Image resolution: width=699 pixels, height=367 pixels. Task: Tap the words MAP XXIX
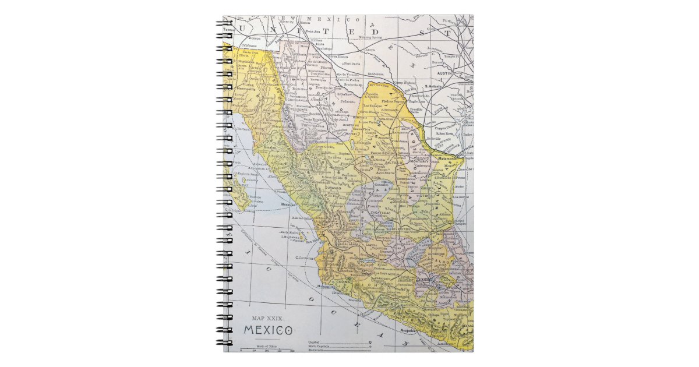point(267,318)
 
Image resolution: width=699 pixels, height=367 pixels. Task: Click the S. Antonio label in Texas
point(434,86)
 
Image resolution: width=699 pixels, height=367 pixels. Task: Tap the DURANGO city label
point(333,189)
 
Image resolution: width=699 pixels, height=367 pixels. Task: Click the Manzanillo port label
point(326,287)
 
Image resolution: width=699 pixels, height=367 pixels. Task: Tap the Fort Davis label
point(351,63)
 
